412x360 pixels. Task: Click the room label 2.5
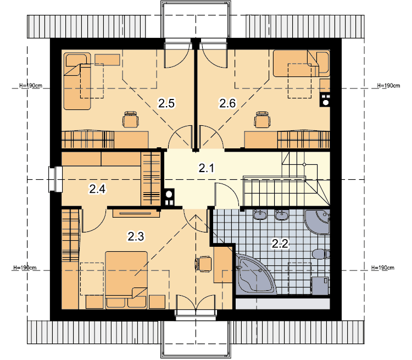coord(166,103)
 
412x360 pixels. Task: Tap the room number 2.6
coord(227,103)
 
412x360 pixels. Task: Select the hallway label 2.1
coord(207,168)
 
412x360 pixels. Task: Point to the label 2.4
coord(97,189)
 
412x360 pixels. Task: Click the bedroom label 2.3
coord(136,236)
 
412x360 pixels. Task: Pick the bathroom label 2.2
coord(280,243)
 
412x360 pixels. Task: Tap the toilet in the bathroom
coord(321,254)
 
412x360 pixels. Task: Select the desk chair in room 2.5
coord(131,120)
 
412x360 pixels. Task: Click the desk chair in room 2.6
coord(262,120)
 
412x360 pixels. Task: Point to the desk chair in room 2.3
coord(203,264)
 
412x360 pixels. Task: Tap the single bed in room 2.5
coord(77,81)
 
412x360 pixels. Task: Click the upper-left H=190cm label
coord(30,86)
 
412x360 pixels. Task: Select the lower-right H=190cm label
coord(382,268)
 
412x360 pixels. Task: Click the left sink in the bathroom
coord(260,214)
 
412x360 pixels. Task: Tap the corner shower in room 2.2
coord(317,221)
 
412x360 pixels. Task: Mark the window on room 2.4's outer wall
coord(55,179)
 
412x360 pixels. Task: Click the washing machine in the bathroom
coord(320,286)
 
